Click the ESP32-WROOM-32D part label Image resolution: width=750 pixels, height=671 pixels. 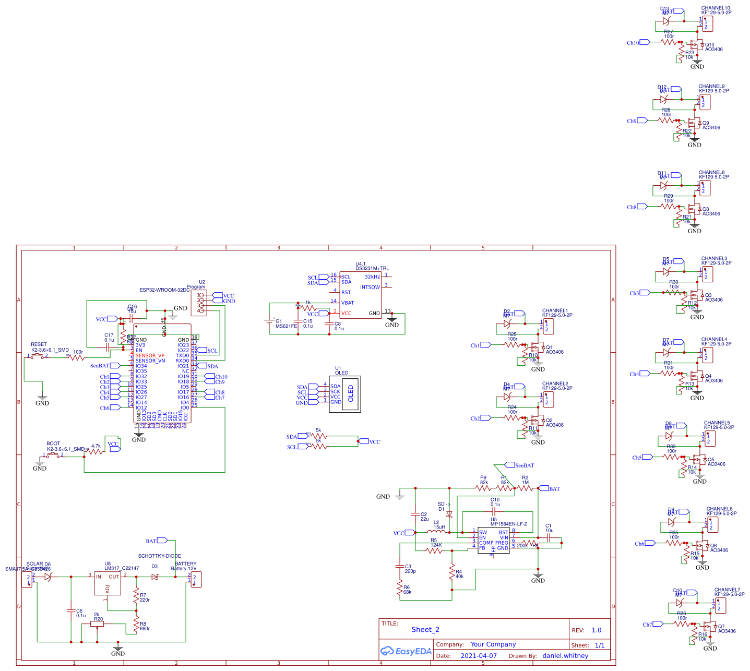click(165, 290)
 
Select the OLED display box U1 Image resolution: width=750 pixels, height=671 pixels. click(344, 394)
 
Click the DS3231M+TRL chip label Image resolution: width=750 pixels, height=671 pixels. click(372, 268)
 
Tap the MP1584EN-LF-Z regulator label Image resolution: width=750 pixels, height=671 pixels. click(509, 524)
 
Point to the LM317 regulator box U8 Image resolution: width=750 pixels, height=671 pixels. click(107, 583)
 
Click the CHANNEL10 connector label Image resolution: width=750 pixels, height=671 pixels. click(716, 8)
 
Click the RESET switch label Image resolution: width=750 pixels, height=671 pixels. click(39, 344)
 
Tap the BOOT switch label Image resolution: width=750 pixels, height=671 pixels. click(53, 444)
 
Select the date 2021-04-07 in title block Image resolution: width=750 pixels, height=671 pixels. click(479, 656)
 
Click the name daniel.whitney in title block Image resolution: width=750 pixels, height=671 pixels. click(565, 656)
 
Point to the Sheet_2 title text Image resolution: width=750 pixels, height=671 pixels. click(425, 630)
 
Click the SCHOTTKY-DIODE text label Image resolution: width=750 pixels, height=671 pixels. click(159, 556)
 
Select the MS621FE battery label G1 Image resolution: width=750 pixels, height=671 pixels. click(286, 326)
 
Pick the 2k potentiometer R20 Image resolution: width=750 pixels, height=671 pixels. click(97, 623)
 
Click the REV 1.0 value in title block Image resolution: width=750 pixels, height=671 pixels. click(597, 630)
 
